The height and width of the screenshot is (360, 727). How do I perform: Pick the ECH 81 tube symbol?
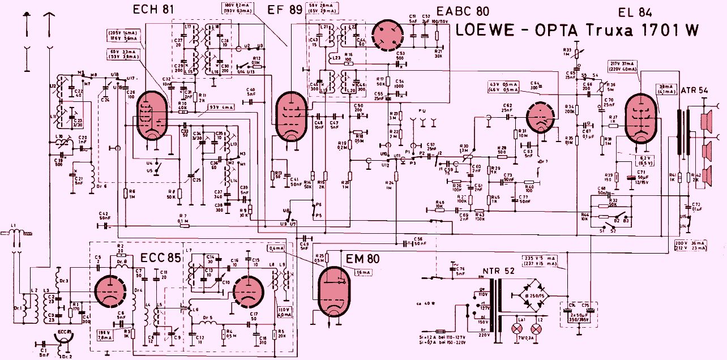pyautogui.click(x=152, y=116)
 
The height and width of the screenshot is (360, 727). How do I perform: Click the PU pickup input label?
pyautogui.click(x=420, y=111)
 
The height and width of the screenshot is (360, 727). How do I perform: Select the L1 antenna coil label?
pyautogui.click(x=12, y=227)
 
